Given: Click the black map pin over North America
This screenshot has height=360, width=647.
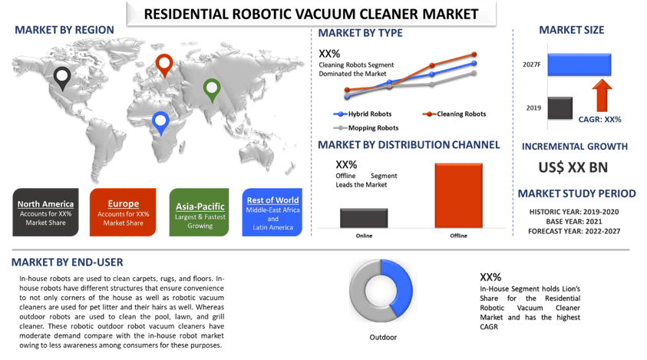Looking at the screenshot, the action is [x=62, y=78].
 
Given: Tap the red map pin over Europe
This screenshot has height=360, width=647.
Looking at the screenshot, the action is [x=164, y=65].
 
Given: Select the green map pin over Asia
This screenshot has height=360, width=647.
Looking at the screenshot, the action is [x=212, y=90].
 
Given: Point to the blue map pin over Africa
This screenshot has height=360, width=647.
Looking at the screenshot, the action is [x=160, y=123].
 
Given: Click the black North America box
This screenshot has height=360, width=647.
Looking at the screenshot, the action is [x=45, y=212].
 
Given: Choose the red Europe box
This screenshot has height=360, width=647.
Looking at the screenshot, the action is [x=123, y=212].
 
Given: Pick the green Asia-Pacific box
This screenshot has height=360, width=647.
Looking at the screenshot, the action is [x=200, y=212].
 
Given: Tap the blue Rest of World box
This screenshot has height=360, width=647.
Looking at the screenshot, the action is [x=272, y=212].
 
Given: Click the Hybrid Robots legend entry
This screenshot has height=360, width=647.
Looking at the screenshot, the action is [x=362, y=114].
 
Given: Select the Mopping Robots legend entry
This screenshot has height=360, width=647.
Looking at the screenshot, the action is [x=366, y=128].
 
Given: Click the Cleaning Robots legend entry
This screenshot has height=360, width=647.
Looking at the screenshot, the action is [x=454, y=114].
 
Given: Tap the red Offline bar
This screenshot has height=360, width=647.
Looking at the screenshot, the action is [x=458, y=195].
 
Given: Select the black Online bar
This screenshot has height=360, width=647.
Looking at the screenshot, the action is [x=364, y=218].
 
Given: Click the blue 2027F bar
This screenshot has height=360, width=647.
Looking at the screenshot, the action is [x=579, y=64].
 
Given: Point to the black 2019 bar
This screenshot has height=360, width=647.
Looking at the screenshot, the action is [x=560, y=108].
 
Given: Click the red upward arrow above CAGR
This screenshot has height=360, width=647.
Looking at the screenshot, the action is [x=602, y=95].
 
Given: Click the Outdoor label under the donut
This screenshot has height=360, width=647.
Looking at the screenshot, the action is [x=383, y=337].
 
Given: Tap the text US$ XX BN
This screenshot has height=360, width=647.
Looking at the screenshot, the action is [x=573, y=167].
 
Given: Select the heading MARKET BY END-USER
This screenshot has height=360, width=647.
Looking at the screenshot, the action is [x=68, y=263].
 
